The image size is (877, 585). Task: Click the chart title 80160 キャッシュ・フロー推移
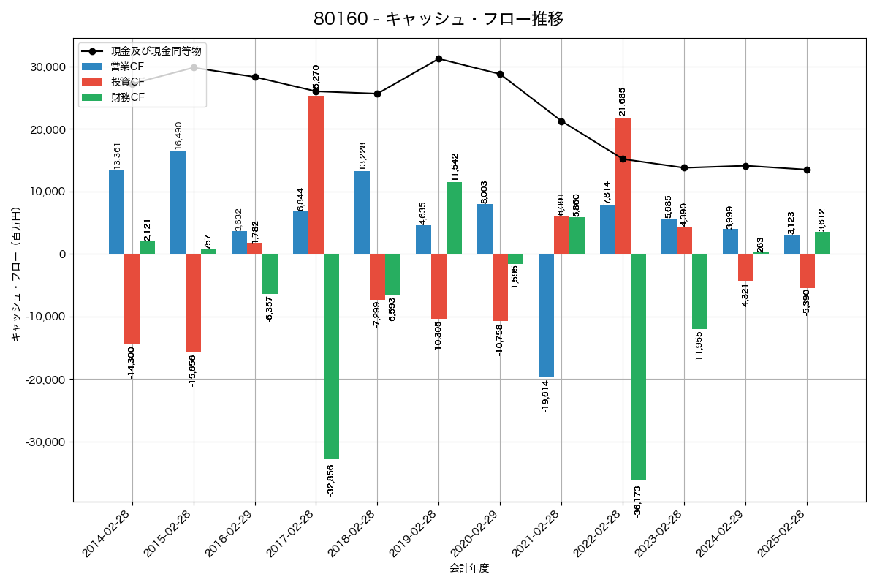tap(438, 19)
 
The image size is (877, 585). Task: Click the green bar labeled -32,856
tap(331, 356)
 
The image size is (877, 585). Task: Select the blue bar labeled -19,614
tap(546, 315)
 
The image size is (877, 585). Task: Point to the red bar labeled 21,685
tap(623, 186)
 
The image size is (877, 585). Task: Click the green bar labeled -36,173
tap(638, 366)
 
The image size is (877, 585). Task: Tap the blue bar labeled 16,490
tap(178, 203)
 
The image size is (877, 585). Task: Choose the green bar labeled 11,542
tap(454, 218)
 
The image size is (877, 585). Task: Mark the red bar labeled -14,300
tap(132, 298)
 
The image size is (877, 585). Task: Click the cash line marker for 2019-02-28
tap(438, 58)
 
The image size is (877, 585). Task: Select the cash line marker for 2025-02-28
tap(807, 170)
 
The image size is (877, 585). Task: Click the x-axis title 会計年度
tap(469, 568)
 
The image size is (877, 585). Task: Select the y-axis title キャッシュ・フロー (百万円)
tap(16, 275)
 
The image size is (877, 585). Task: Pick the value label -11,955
tap(699, 347)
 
